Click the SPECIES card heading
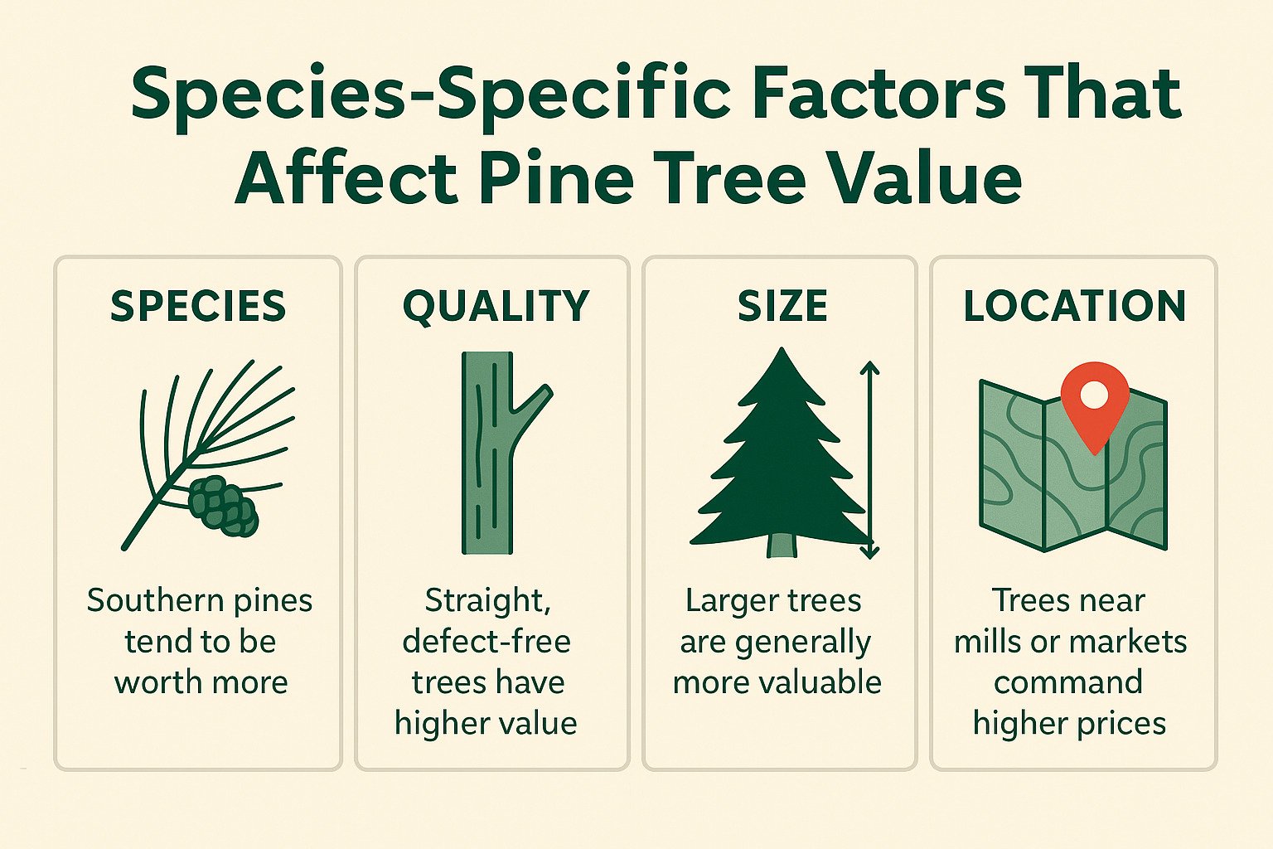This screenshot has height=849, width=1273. click(198, 306)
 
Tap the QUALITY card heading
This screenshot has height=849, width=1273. click(496, 306)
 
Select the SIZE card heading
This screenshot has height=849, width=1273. click(782, 306)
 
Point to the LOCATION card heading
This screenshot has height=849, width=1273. click(1074, 306)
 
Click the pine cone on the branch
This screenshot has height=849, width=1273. click(222, 505)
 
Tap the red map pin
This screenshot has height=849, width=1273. click(1095, 406)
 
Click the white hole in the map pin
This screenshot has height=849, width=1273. click(1095, 394)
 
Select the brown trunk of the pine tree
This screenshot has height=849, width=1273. click(782, 545)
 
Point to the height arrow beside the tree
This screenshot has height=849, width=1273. click(869, 460)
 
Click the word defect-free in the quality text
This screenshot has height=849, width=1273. click(486, 642)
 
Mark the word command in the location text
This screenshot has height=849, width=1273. click(1068, 682)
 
